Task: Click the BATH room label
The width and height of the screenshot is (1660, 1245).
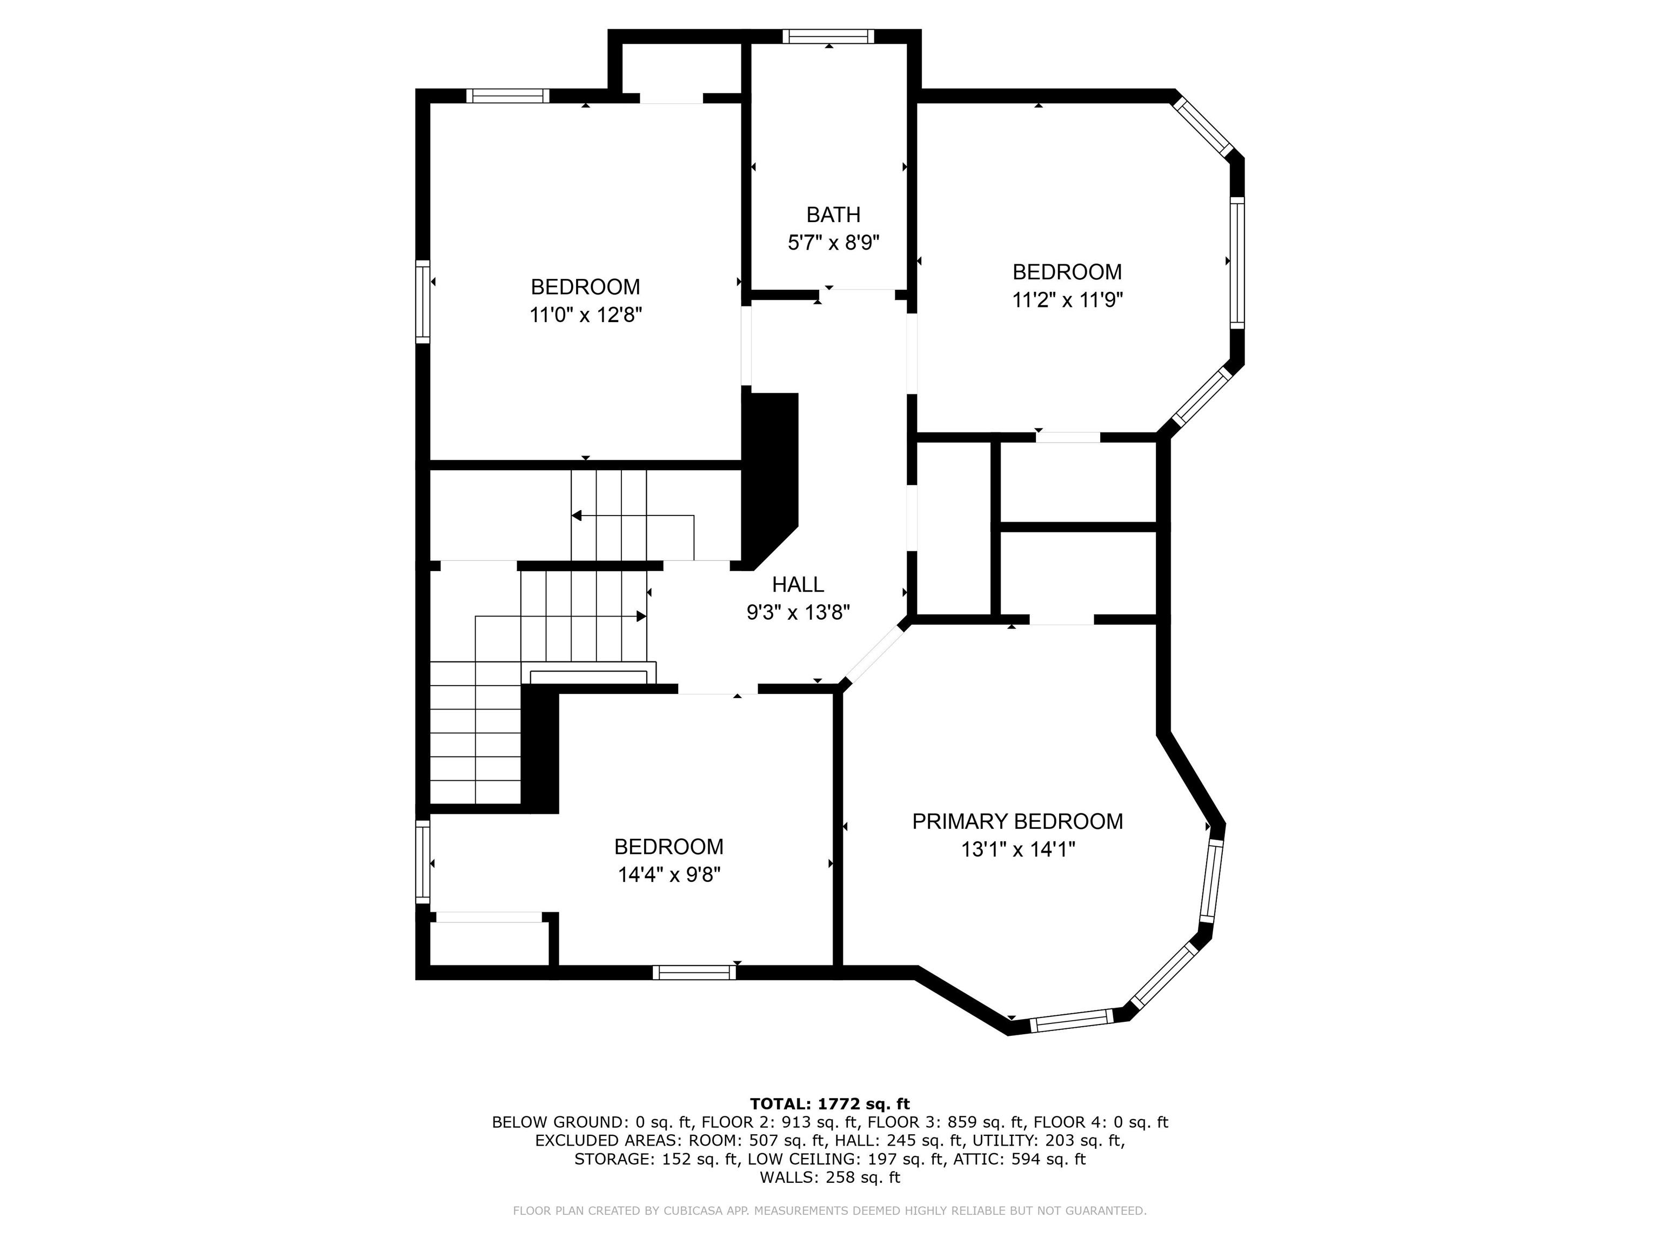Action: coord(833,215)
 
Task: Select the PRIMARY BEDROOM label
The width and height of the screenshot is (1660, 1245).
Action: coord(1018,821)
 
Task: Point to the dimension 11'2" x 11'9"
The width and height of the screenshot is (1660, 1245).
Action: coord(1067,300)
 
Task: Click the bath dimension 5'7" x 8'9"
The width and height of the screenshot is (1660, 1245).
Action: coord(833,243)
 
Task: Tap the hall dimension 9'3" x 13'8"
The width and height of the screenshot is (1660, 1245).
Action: coord(798,612)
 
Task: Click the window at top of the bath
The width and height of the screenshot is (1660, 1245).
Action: coord(828,36)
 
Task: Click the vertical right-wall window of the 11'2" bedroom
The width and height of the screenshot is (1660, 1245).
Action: coord(1237,262)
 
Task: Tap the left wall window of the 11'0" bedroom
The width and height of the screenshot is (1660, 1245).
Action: coord(423,302)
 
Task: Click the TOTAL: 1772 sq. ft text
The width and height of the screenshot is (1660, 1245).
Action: coord(829,1104)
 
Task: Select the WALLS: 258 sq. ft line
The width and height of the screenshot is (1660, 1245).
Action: coord(829,1177)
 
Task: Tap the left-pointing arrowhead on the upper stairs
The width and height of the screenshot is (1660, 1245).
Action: coord(577,516)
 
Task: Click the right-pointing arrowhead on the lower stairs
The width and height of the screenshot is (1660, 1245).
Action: coord(641,616)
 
